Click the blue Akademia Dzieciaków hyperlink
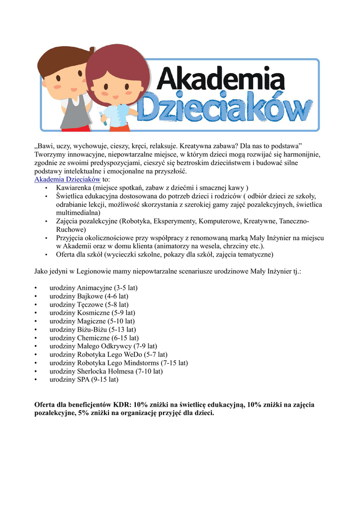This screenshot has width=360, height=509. coord(67,179)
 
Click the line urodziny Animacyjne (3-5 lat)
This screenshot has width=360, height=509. coord(93,288)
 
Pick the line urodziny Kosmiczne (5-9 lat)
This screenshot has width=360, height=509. coord(92,313)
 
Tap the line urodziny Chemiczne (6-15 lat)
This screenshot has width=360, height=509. coord(94,338)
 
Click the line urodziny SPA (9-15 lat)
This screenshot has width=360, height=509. coord(84,379)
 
